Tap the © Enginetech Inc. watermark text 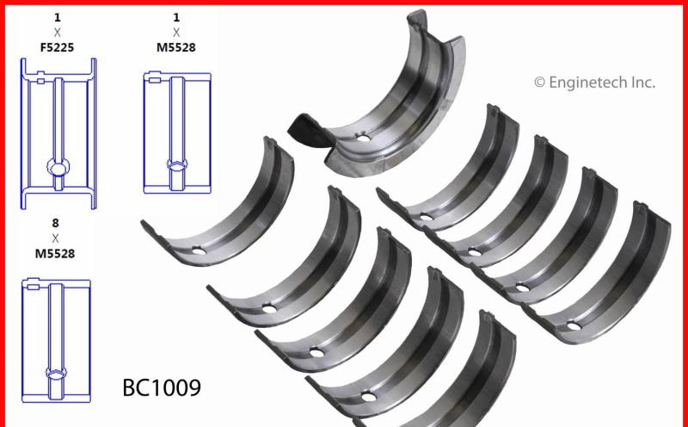(x=594, y=83)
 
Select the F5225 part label (x=58, y=47)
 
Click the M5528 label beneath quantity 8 (x=56, y=254)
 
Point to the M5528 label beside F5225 (x=176, y=47)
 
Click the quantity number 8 (x=56, y=221)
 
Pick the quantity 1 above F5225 (x=58, y=15)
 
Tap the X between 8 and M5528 (x=56, y=238)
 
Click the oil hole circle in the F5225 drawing (x=57, y=169)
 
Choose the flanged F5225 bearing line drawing (x=58, y=133)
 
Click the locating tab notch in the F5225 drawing (x=40, y=82)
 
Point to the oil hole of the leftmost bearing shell (x=199, y=251)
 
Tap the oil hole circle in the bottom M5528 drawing (x=57, y=373)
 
